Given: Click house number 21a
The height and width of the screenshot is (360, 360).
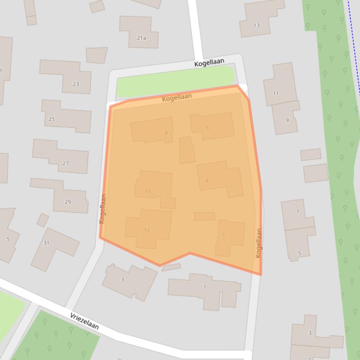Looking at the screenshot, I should (x=141, y=38).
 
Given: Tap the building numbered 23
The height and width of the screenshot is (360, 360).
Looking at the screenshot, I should (x=76, y=84).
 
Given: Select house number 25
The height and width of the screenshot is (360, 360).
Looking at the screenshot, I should (x=52, y=119).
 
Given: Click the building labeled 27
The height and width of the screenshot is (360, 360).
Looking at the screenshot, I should (x=66, y=163).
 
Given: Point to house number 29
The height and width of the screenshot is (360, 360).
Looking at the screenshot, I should (x=68, y=202).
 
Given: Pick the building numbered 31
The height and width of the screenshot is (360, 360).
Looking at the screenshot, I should (x=46, y=243).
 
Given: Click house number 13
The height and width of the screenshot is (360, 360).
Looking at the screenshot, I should (x=257, y=25).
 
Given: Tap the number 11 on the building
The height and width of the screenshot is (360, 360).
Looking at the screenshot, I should (x=276, y=93).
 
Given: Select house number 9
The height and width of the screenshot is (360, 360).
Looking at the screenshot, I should (x=287, y=120).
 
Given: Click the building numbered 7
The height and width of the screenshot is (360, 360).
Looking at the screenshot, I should (x=297, y=212).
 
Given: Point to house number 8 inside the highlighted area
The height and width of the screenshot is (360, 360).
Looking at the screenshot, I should (x=166, y=133).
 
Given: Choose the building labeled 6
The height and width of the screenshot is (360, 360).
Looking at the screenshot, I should (x=207, y=128).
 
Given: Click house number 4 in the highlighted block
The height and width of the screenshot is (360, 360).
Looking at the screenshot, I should (x=206, y=180).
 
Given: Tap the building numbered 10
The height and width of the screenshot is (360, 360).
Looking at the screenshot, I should (x=148, y=191).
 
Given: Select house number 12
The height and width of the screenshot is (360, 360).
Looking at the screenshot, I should (x=147, y=229).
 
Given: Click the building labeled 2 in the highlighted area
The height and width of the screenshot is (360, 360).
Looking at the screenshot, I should (x=223, y=234).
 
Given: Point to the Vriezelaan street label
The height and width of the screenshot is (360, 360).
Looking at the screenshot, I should (x=84, y=322).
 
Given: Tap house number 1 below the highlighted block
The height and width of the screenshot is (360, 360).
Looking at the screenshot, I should (x=205, y=287).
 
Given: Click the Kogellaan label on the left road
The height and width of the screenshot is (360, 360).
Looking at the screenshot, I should (x=103, y=209).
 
